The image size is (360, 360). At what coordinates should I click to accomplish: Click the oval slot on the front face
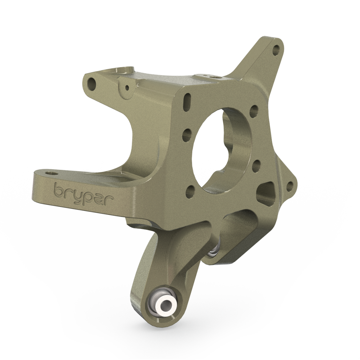(186, 101)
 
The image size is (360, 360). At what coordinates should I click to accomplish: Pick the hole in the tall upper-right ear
(276, 50)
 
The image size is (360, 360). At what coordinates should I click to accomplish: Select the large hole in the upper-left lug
(92, 83)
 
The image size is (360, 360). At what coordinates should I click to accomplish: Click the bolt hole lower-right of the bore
(256, 164)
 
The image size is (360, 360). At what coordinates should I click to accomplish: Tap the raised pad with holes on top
(211, 76)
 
